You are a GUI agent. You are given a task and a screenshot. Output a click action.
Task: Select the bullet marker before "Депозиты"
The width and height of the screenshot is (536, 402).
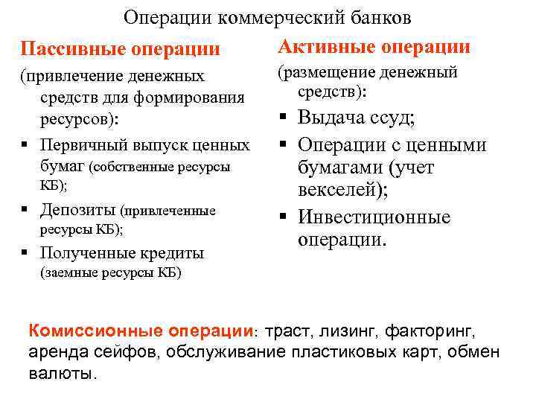tap(26, 210)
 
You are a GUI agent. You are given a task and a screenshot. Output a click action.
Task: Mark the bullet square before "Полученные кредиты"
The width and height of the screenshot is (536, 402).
tap(26, 253)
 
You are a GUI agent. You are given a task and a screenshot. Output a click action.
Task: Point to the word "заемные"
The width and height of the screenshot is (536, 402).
tap(69, 272)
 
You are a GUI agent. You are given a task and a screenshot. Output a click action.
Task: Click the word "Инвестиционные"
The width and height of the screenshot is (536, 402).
tap(374, 217)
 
